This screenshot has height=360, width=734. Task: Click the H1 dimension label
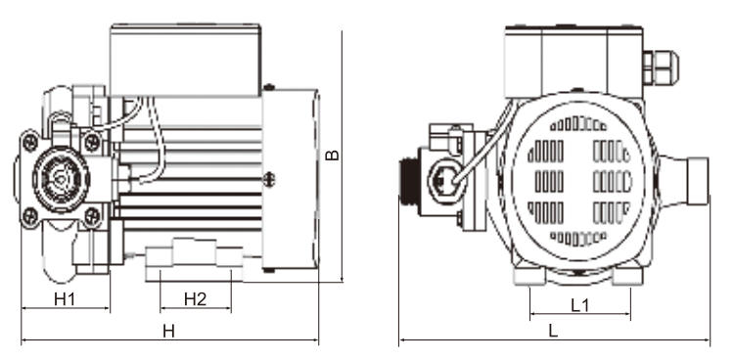coord(65,298)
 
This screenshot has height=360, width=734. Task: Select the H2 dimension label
coord(195,299)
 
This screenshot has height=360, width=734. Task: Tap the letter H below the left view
coord(168,332)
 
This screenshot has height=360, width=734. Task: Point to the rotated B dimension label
coord(333,155)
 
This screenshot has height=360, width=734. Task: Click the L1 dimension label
coord(579,305)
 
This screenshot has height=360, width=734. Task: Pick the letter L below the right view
coord(553,331)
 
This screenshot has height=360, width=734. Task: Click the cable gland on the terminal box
coord(660,67)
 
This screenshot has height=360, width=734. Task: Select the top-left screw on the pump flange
coord(31,141)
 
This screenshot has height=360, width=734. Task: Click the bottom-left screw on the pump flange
coord(31,215)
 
